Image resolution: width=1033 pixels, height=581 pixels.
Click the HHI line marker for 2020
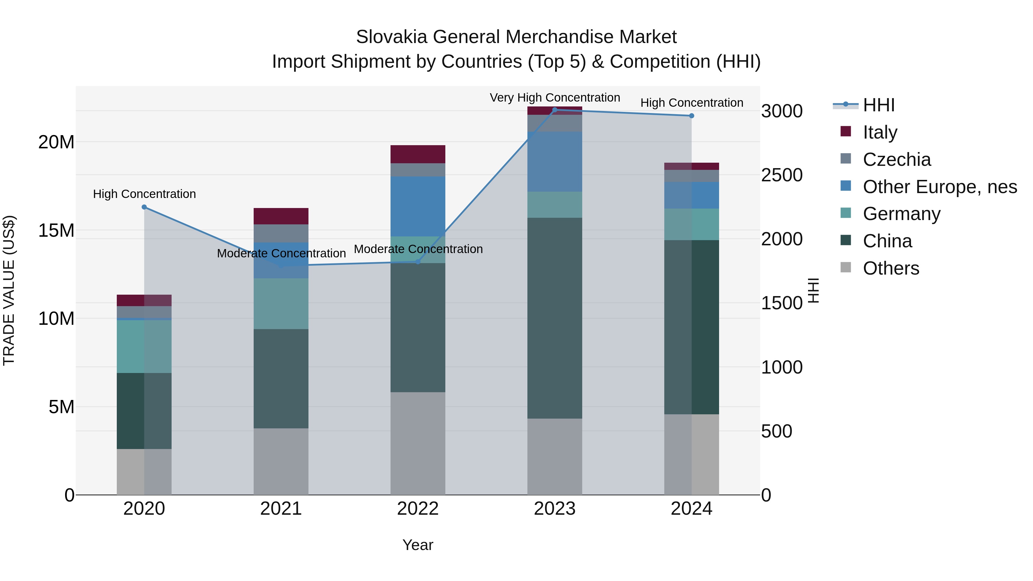(x=144, y=207)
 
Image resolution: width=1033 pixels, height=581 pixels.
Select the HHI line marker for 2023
(x=555, y=110)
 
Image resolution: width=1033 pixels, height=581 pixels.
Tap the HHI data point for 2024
(x=691, y=115)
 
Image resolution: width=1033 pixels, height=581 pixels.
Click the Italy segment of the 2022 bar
(x=418, y=154)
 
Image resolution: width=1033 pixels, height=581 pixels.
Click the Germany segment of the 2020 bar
(x=144, y=346)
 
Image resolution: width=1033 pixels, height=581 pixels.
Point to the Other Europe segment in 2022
(x=418, y=206)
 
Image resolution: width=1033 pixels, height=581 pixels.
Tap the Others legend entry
(x=890, y=268)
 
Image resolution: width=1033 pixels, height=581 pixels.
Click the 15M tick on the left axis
(x=56, y=230)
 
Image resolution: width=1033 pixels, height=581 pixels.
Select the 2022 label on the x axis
(x=418, y=509)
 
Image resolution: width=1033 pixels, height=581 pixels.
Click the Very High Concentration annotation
(x=555, y=98)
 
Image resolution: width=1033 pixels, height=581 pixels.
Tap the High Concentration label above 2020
(x=144, y=194)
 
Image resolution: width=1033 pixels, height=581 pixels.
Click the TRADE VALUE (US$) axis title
(x=9, y=290)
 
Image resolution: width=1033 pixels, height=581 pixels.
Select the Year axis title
(x=418, y=545)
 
